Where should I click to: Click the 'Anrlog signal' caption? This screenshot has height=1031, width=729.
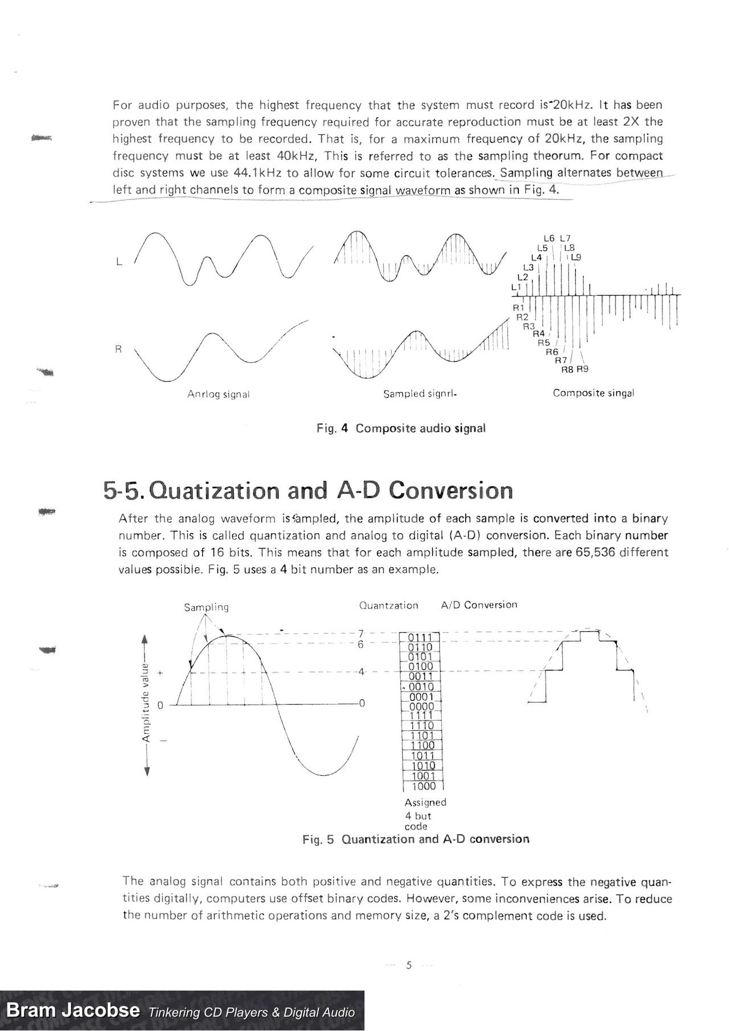tap(218, 394)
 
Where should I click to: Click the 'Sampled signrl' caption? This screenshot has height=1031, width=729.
tap(420, 394)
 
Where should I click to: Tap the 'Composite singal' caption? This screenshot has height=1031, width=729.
tap(593, 393)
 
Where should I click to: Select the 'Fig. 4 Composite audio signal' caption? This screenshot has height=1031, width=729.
tap(401, 428)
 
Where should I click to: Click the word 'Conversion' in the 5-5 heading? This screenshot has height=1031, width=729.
tap(452, 490)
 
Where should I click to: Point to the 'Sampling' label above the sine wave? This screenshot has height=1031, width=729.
tap(206, 607)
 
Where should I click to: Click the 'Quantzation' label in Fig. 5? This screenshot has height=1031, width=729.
tap(388, 605)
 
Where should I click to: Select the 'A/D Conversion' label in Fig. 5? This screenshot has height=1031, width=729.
tap(479, 605)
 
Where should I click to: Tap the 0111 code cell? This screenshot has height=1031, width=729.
tap(421, 637)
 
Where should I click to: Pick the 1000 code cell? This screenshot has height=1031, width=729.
tap(422, 787)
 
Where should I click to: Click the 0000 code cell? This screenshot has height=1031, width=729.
tap(422, 707)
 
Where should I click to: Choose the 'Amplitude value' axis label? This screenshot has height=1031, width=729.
tap(146, 704)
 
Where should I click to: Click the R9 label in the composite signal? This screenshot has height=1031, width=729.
tap(582, 369)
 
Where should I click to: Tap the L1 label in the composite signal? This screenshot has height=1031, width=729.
tap(516, 287)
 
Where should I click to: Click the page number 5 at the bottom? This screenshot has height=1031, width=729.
tap(408, 965)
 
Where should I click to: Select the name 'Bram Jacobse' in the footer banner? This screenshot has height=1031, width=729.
tap(73, 1010)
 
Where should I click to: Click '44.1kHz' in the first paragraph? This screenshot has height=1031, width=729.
tap(257, 173)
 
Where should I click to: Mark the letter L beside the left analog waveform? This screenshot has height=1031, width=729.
tap(118, 262)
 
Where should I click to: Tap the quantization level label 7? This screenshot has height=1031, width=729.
tap(361, 633)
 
